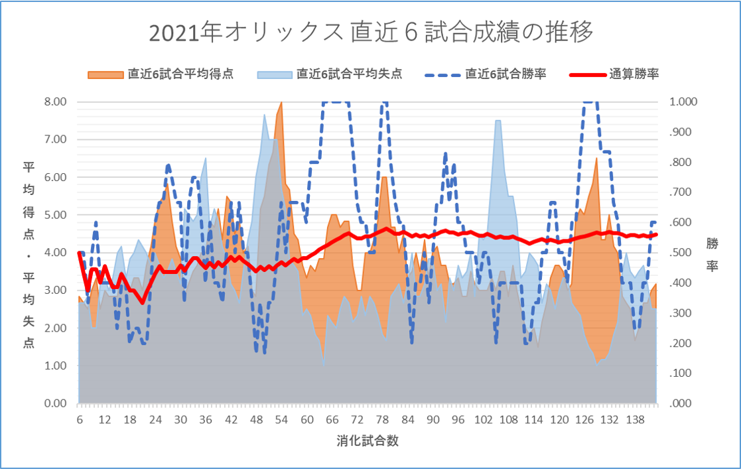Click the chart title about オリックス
tap(371, 32)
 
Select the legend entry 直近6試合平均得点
tap(180, 74)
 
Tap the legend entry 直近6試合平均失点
tap(349, 74)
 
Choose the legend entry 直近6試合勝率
tap(506, 74)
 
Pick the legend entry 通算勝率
tap(634, 74)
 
